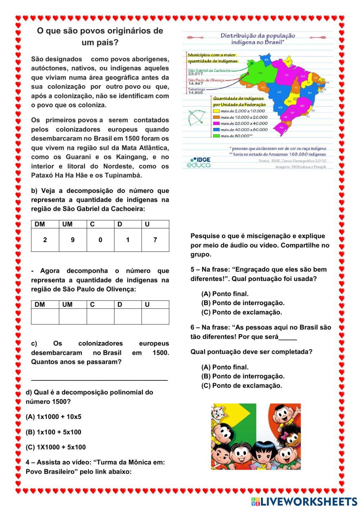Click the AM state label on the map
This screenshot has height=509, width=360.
[260, 73]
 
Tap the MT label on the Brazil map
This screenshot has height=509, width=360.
[279, 92]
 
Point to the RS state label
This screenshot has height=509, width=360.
[282, 127]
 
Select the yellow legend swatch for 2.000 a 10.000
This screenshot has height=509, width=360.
[216, 111]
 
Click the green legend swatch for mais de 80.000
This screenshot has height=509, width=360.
[216, 136]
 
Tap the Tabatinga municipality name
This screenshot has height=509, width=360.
[197, 89]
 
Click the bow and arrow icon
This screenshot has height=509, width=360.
[197, 117]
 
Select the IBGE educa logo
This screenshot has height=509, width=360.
[199, 162]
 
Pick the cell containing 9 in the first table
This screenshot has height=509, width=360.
[73, 240]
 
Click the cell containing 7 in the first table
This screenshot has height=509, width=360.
[155, 240]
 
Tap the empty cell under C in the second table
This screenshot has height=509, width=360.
[100, 316]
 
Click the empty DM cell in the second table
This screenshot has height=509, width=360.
[45, 316]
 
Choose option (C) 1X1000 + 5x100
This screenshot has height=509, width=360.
[56, 447]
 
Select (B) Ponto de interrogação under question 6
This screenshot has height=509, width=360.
[243, 376]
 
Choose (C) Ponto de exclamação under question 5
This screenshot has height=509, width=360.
[242, 312]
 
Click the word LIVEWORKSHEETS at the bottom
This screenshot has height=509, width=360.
[309, 501]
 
